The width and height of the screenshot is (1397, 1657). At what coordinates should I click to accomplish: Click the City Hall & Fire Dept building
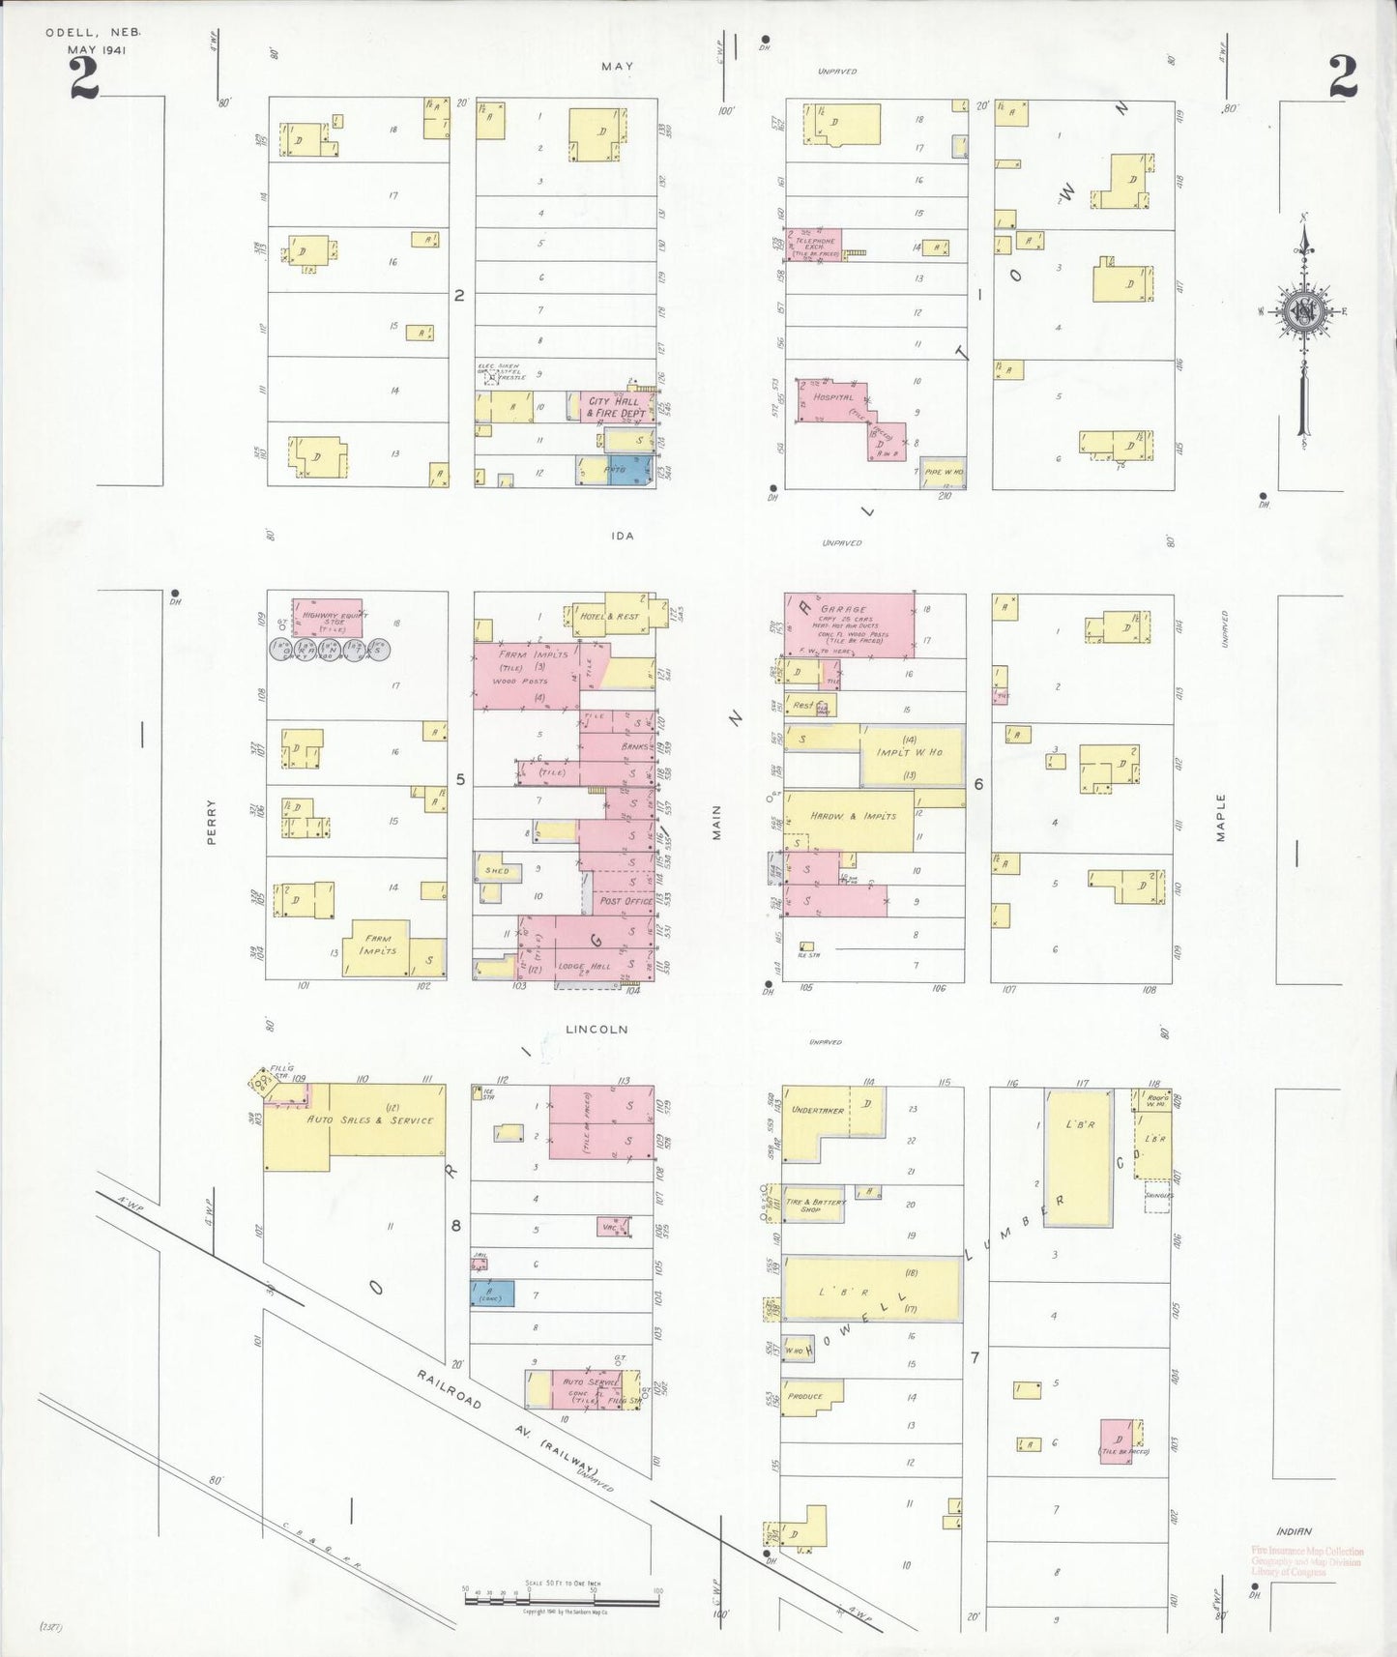pos(616,407)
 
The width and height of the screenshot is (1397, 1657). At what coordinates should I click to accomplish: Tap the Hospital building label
pos(832,397)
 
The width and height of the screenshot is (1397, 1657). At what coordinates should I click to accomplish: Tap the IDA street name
pos(623,536)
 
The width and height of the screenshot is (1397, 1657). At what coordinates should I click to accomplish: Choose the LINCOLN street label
pos(597,1030)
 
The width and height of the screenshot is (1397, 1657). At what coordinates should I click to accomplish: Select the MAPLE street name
pos(1221,817)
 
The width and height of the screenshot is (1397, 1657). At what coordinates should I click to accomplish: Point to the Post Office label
pos(626,901)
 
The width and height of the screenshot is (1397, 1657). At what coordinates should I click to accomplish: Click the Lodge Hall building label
pos(585,966)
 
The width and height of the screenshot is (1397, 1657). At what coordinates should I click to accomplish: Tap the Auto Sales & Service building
pos(370,1120)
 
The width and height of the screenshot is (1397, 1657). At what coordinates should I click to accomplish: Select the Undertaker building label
pos(818,1110)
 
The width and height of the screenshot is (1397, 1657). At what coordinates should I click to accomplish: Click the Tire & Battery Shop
pos(813,1205)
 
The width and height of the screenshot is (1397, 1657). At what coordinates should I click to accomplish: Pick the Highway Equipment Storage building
pos(328,617)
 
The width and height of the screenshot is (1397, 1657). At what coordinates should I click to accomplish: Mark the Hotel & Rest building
pos(609,616)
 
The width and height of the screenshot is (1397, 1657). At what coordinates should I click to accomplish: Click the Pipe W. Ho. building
pos(942,472)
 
